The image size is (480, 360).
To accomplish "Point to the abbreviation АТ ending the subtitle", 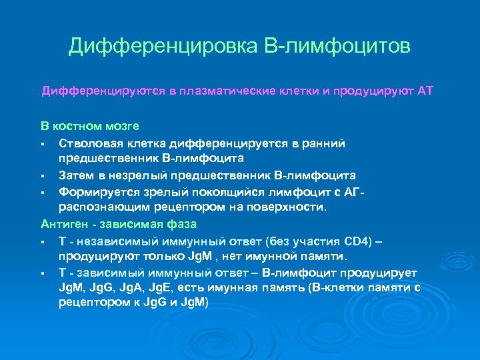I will (425, 90).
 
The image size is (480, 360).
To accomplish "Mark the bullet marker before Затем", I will (43, 175).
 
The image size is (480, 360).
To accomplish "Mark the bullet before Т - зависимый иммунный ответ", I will (43, 273).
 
